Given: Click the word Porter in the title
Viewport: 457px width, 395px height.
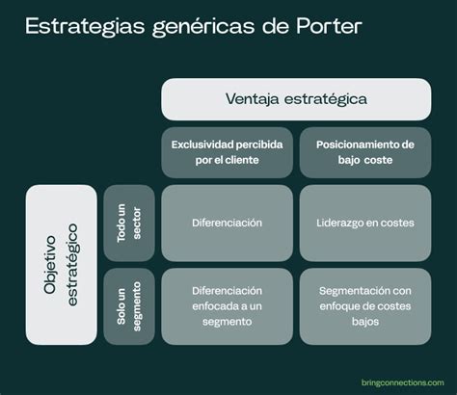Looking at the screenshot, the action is (329, 25).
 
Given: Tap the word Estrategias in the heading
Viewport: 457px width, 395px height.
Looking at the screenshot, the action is (85, 27).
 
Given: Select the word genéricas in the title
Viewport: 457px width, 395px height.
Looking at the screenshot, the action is (203, 27).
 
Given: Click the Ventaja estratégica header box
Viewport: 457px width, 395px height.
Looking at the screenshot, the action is (296, 99).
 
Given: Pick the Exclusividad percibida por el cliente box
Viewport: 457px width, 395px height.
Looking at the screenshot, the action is (227, 152).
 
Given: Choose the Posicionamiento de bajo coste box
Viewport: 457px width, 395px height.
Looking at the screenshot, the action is (365, 152).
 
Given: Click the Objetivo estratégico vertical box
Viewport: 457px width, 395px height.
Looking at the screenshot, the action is (61, 265).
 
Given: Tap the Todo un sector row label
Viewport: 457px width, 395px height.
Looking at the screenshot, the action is (129, 223).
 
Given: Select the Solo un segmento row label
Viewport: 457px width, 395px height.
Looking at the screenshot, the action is (129, 306).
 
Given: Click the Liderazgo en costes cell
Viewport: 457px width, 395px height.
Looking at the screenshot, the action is (365, 223).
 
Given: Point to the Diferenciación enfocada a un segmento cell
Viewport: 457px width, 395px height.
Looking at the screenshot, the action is (227, 306).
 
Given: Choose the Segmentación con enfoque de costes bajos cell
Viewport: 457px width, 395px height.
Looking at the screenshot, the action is (365, 306).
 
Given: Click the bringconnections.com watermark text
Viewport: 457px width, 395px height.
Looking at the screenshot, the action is (403, 382).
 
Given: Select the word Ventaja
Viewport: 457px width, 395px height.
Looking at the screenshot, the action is (252, 99).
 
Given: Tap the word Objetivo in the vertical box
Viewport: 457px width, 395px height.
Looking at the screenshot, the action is (50, 265).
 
